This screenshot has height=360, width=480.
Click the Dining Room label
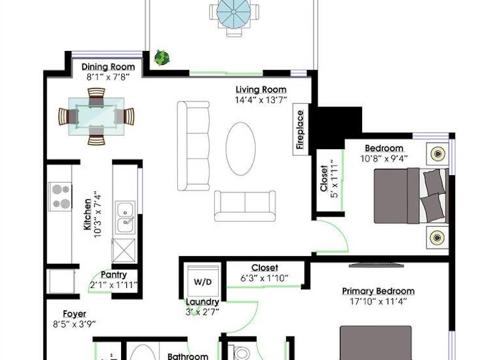pyautogui.click(x=108, y=67)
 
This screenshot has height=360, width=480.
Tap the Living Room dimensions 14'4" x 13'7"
pyautogui.click(x=261, y=100)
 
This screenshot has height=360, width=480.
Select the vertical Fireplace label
pyautogui.click(x=300, y=129)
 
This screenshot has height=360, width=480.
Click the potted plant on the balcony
pyautogui.click(x=162, y=57)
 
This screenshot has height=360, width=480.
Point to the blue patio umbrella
pyautogui.click(x=233, y=11)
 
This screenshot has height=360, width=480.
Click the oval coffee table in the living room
pyautogui.click(x=240, y=148)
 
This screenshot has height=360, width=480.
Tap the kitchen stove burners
pyautogui.click(x=61, y=196)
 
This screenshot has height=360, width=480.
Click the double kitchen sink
pyautogui.click(x=125, y=218)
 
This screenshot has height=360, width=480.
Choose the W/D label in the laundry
pyautogui.click(x=203, y=282)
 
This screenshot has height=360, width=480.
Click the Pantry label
pyautogui.click(x=113, y=275)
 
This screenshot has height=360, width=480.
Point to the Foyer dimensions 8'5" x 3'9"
pyautogui.click(x=75, y=324)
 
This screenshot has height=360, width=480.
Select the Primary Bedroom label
pyautogui.click(x=378, y=291)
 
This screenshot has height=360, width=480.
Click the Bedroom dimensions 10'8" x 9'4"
pyautogui.click(x=384, y=159)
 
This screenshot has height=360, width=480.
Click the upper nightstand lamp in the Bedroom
pyautogui.click(x=438, y=154)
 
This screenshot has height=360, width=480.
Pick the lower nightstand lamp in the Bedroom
pyautogui.click(x=437, y=237)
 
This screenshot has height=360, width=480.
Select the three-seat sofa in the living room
pyautogui.click(x=194, y=146)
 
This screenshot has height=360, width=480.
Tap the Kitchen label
pyautogui.click(x=87, y=214)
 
